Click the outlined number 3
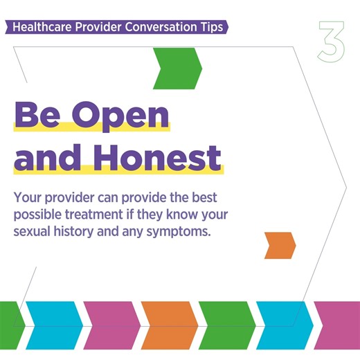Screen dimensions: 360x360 pos(331,44)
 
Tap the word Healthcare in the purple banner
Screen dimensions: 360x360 pos(43,28)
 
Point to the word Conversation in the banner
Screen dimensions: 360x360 pos(156,28)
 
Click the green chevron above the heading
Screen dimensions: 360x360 pos(178,69)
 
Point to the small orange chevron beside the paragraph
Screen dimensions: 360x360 pos(280,244)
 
